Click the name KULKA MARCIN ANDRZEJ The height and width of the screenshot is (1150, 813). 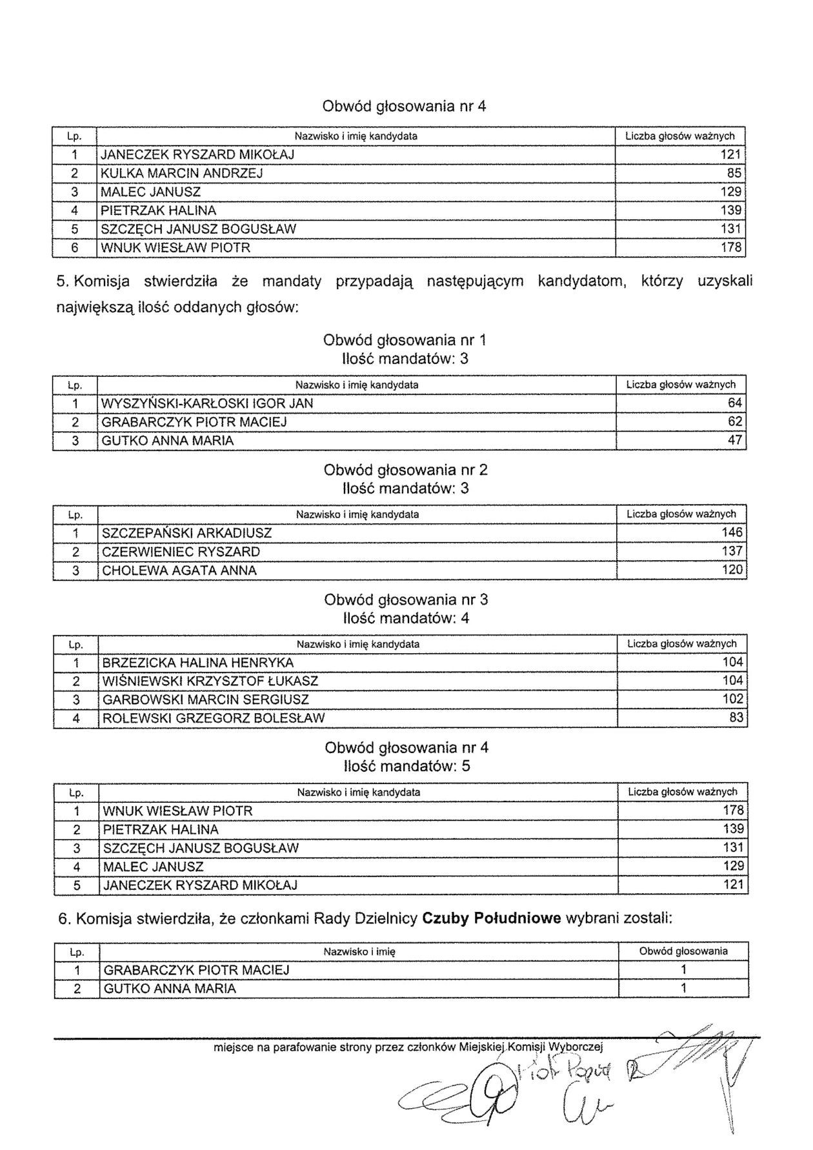pyautogui.click(x=181, y=174)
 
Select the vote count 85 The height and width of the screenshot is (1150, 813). pyautogui.click(x=734, y=174)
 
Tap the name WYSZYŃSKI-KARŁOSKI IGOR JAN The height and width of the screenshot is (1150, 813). pyautogui.click(x=207, y=404)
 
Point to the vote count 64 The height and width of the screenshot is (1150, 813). pyautogui.click(x=735, y=404)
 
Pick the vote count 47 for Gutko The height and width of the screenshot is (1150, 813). pyautogui.click(x=735, y=441)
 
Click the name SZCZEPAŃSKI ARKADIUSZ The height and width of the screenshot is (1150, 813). pyautogui.click(x=186, y=534)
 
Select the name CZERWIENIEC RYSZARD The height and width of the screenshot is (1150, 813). pyautogui.click(x=181, y=552)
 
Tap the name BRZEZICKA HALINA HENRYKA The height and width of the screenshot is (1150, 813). pyautogui.click(x=197, y=663)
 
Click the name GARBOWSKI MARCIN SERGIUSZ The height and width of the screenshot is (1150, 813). pyautogui.click(x=205, y=700)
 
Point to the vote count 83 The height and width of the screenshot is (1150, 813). pyautogui.click(x=736, y=718)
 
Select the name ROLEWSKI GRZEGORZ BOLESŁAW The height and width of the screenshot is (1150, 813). pyautogui.click(x=214, y=718)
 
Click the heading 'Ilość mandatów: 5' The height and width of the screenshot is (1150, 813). pyautogui.click(x=406, y=767)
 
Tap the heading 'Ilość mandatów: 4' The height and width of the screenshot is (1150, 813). pyautogui.click(x=406, y=619)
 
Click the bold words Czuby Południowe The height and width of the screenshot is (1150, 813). pyautogui.click(x=491, y=919)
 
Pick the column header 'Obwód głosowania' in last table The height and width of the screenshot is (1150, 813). pyautogui.click(x=683, y=951)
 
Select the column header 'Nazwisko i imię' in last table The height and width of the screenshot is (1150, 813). pyautogui.click(x=359, y=952)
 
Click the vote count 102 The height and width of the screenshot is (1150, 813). pyautogui.click(x=732, y=700)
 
